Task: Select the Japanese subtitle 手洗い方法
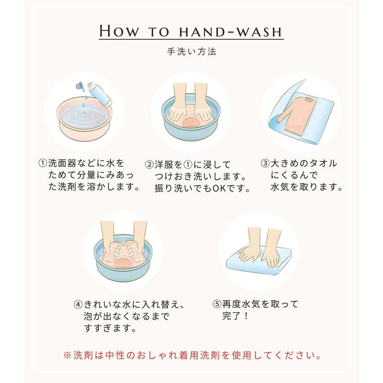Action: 191,52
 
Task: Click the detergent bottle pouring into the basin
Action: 100,94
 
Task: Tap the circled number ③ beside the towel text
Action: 265,164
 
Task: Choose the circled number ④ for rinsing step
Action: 78,304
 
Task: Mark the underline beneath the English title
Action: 191,39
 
